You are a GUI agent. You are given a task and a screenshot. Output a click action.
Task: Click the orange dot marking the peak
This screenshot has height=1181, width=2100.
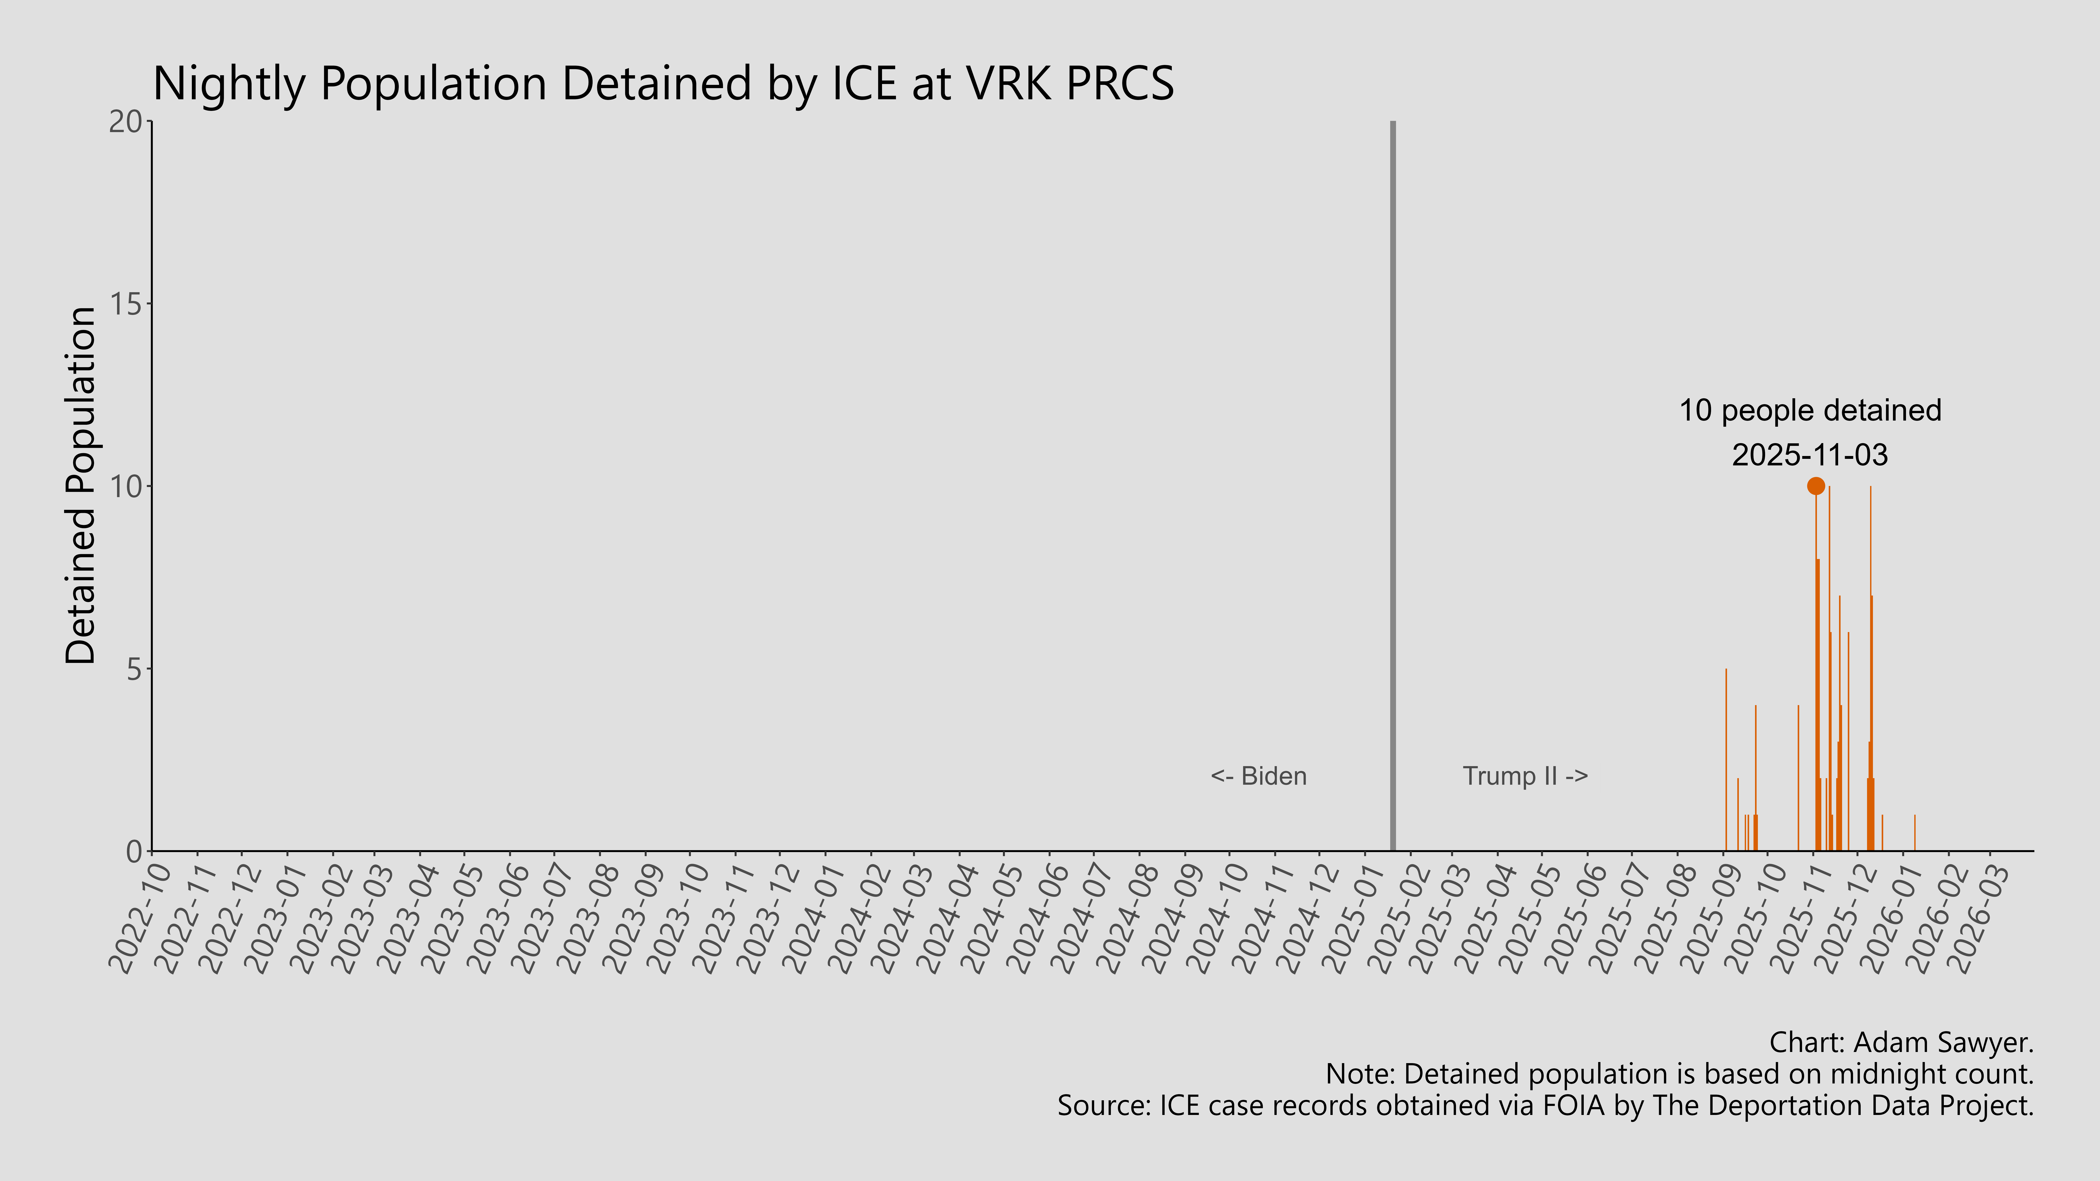(x=1815, y=486)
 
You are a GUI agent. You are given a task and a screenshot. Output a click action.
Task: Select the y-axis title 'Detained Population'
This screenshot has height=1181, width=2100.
(x=81, y=486)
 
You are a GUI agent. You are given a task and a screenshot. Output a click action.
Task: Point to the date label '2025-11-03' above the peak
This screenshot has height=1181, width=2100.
(x=1810, y=455)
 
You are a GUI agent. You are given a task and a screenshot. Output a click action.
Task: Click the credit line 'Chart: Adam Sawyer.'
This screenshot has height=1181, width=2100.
(x=1901, y=1042)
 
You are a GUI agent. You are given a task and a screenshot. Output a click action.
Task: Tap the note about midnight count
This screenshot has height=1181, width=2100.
(x=1679, y=1074)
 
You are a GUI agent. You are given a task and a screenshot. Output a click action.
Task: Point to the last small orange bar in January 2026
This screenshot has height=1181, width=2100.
(x=1914, y=833)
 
